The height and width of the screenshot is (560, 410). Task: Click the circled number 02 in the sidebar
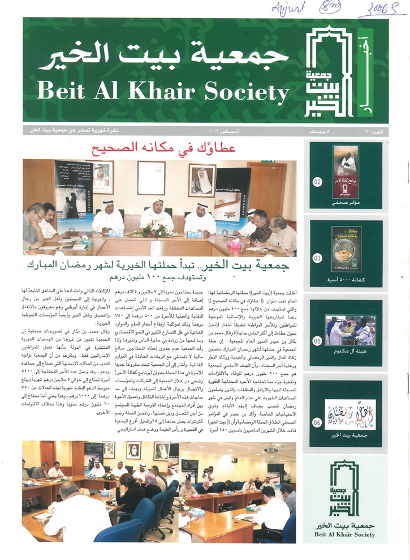pos(317,182)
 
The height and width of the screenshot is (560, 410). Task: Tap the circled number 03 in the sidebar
pos(317,258)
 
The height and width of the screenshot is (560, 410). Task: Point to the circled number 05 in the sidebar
pos(317,341)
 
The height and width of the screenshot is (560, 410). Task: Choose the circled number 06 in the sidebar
pos(317,421)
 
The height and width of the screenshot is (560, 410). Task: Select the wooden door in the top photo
pos(265,187)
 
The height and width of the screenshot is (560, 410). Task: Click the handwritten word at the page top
pos(289,8)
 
